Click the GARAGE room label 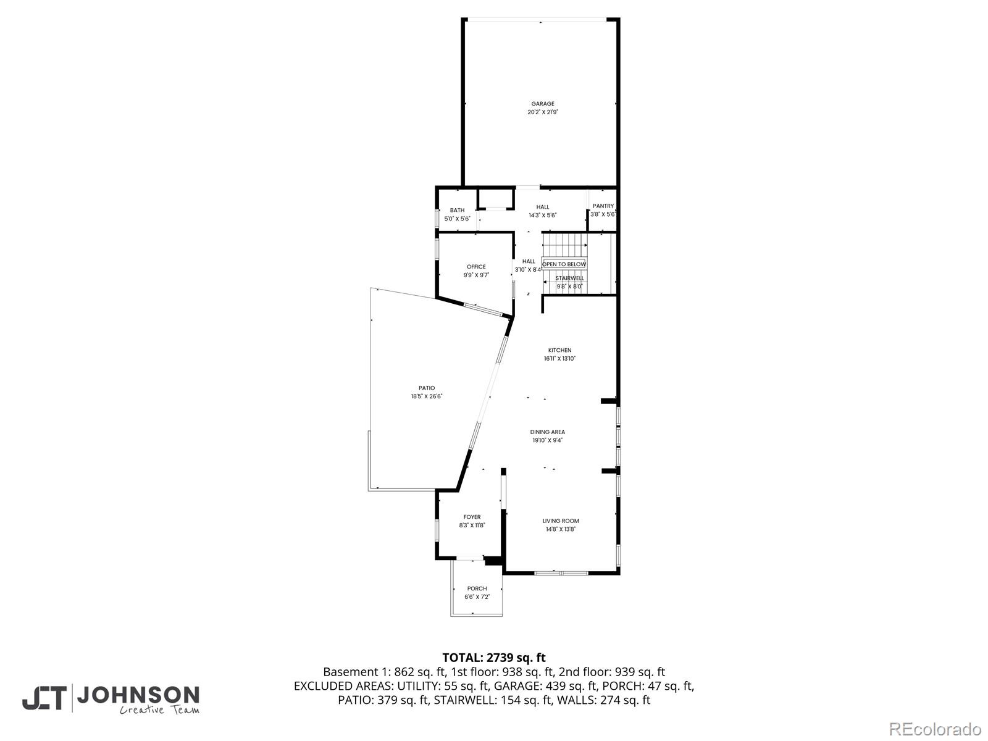click(x=543, y=104)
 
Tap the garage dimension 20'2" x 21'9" click(x=543, y=112)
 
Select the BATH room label click(x=457, y=210)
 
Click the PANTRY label click(x=603, y=206)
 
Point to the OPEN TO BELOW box click(x=564, y=264)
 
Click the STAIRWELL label click(x=569, y=278)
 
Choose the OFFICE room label click(x=476, y=267)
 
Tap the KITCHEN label click(x=559, y=350)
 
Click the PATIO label click(x=427, y=388)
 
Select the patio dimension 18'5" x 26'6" click(x=427, y=396)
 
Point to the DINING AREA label click(x=547, y=432)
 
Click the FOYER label click(x=472, y=517)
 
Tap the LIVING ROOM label click(x=561, y=521)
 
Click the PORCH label click(x=477, y=588)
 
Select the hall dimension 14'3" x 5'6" click(x=543, y=216)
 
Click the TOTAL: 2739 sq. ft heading click(x=493, y=658)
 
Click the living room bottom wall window click(x=561, y=573)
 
